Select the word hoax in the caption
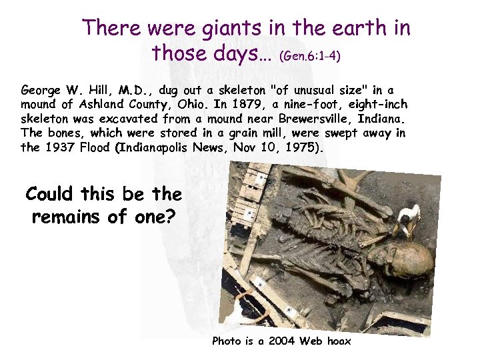pyautogui.click(x=337, y=341)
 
